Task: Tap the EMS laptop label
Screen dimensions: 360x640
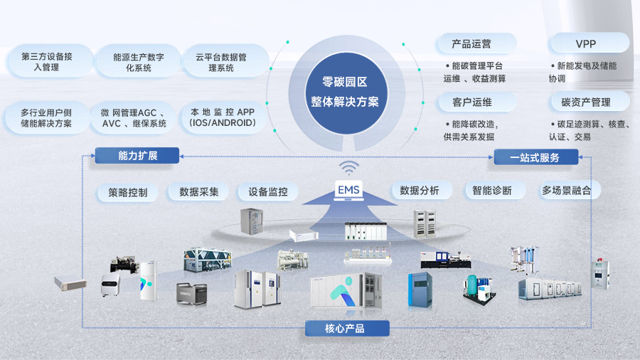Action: pyautogui.click(x=348, y=190)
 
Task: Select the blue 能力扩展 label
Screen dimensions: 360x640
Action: pyautogui.click(x=137, y=155)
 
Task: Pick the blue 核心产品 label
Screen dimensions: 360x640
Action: pyautogui.click(x=347, y=328)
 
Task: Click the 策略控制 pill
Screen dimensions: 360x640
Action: pyautogui.click(x=128, y=192)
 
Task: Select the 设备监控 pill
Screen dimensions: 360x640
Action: pyautogui.click(x=267, y=191)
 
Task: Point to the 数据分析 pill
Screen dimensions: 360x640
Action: pyautogui.click(x=420, y=190)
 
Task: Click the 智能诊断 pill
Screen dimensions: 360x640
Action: pyautogui.click(x=492, y=190)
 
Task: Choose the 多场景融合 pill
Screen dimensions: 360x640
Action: pyautogui.click(x=566, y=190)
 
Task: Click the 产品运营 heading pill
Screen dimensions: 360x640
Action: pyautogui.click(x=471, y=43)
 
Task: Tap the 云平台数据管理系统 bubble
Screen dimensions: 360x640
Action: pyautogui.click(x=221, y=62)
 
